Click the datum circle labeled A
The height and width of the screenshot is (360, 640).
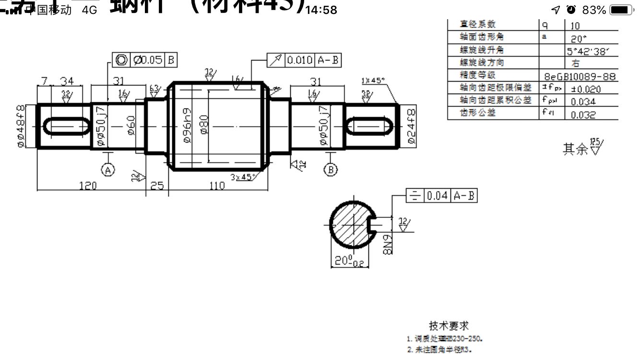108,169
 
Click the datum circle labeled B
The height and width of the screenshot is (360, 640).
331,169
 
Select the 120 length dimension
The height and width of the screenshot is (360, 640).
88,185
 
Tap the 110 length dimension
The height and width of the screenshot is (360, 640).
217,185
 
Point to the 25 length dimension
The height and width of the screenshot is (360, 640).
157,185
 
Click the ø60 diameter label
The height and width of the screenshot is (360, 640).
130,126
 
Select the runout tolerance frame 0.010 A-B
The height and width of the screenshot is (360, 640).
304,60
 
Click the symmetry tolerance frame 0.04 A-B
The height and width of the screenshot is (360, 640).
441,195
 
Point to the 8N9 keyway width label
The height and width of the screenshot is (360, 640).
389,243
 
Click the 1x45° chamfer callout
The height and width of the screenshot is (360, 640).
373,81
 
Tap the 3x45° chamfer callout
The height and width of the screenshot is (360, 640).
242,177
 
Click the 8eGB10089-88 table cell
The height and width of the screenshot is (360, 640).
580,76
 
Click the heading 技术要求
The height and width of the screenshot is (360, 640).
449,326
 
